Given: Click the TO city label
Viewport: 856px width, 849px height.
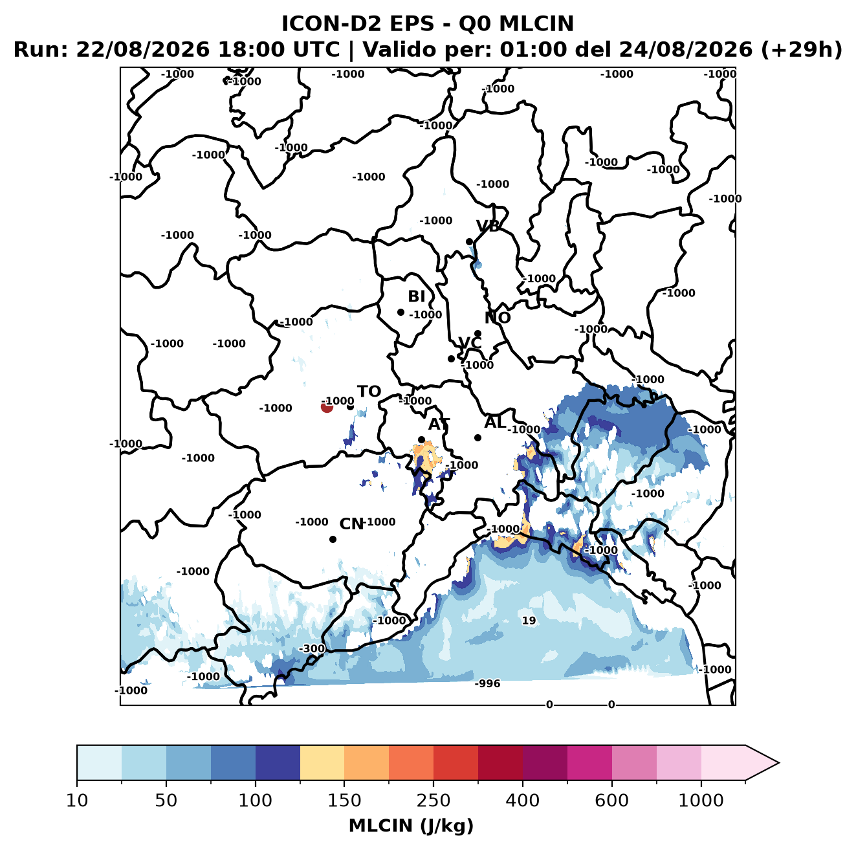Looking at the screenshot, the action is pos(369,391).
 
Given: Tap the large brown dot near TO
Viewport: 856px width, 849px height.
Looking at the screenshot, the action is pos(327,406).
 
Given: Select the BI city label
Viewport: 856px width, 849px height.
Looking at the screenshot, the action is pos(416,296).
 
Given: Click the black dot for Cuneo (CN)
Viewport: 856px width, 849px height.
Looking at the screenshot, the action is pos(333,539).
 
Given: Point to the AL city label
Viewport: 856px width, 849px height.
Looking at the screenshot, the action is pos(495,422).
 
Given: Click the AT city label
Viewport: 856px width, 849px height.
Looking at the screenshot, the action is pos(439,424).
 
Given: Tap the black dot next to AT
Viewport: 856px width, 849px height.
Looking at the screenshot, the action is pos(422,440).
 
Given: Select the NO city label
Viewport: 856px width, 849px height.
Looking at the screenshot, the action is pos(497,318).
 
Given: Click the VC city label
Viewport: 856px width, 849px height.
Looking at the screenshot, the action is pos(470,343).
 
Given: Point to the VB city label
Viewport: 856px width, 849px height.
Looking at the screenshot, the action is pos(488,226).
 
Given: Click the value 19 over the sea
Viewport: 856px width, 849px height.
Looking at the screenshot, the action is pos(529,621).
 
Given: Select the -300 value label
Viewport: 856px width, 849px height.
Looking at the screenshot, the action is pos(312,648).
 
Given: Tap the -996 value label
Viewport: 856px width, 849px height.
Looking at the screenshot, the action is pos(487,683).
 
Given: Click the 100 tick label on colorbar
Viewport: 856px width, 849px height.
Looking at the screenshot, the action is pos(255,800).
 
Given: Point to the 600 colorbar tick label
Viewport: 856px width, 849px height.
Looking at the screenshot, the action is pos(611,800).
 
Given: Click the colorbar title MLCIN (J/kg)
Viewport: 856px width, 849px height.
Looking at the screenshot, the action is pos(411,826).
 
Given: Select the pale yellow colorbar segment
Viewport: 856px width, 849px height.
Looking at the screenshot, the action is pos(322,763).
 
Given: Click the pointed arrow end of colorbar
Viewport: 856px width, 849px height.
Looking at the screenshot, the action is pos(778,763).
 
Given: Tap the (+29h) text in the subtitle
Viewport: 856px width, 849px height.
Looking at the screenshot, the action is pos(801,50).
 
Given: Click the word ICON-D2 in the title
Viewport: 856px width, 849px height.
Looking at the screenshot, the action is pos(331,23).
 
